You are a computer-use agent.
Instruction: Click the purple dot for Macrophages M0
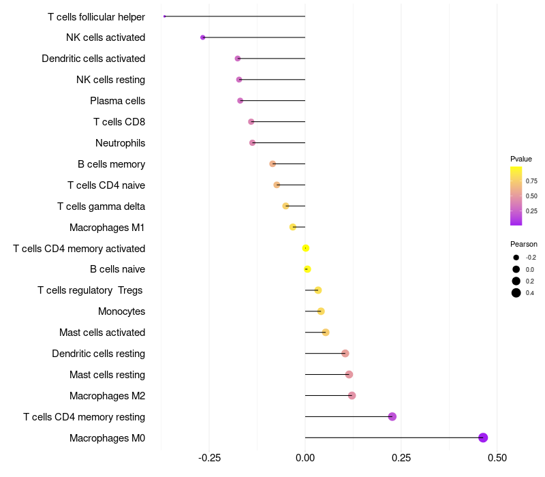483,437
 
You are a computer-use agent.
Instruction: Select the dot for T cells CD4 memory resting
392,416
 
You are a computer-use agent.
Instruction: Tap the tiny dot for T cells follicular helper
165,16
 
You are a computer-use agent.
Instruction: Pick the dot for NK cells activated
203,37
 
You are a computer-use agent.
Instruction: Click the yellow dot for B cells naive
307,269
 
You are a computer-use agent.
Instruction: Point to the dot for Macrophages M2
352,395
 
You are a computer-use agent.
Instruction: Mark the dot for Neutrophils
253,142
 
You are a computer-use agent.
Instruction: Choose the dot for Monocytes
321,311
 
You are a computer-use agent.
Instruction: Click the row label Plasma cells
117,101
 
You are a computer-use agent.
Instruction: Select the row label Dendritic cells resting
98,354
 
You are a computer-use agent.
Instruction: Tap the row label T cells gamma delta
101,206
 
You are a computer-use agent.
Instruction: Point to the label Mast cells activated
102,333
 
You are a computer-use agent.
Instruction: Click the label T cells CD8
119,122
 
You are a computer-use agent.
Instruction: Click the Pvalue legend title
521,159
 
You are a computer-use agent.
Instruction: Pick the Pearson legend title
523,244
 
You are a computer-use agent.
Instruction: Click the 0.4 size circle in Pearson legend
516,293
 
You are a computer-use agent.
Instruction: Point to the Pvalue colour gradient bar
516,196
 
